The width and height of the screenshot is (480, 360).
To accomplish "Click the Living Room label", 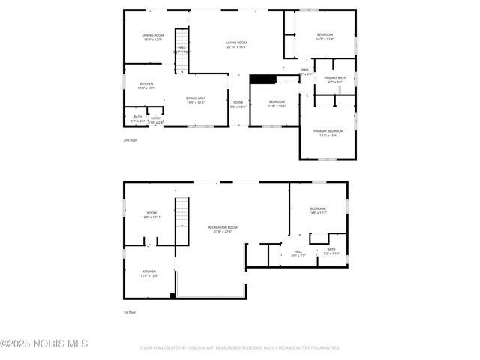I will click(x=237, y=43).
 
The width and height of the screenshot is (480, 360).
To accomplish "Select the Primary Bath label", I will click(x=335, y=78).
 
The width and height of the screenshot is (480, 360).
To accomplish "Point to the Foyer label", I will click(x=238, y=102).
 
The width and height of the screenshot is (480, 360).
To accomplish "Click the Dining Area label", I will click(x=196, y=97).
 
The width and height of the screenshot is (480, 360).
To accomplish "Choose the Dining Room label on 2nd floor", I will click(x=153, y=35).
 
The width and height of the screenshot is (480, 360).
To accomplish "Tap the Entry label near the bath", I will click(x=156, y=118).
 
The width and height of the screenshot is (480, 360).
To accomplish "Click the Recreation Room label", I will click(x=223, y=227).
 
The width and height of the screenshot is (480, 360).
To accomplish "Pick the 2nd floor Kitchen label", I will click(x=146, y=83).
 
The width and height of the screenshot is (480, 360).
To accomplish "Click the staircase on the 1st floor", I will click(x=180, y=220).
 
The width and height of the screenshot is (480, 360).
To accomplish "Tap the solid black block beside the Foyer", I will click(x=262, y=79).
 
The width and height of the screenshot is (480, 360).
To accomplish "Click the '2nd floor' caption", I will click(x=130, y=140).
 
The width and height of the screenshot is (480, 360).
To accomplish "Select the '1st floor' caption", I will click(x=130, y=312).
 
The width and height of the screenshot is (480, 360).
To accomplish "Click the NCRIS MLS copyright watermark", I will click(x=44, y=343).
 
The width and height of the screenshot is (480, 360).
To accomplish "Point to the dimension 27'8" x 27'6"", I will click(x=223, y=232).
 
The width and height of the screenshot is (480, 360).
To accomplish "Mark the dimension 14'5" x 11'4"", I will click(x=325, y=40).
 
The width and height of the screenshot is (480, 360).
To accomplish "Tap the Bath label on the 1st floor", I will click(x=331, y=249).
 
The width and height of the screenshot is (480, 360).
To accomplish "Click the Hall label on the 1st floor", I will click(x=298, y=251).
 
